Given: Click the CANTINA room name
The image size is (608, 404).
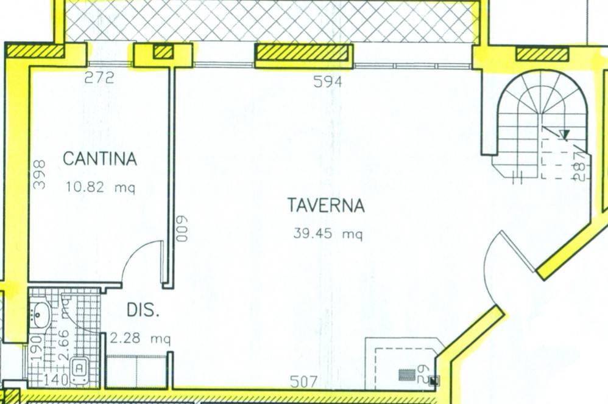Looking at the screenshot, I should (x=100, y=159).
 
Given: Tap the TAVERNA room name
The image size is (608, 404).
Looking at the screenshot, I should (x=326, y=206).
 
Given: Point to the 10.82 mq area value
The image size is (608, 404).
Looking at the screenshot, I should (x=100, y=187).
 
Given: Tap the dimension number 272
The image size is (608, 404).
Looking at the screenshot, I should (x=99, y=78).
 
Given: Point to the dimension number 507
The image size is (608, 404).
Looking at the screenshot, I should (x=303, y=382).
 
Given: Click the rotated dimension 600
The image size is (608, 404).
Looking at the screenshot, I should (x=180, y=229).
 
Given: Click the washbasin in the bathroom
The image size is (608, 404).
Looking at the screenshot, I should (x=41, y=315).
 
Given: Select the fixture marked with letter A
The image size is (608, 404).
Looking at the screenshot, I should (x=79, y=367).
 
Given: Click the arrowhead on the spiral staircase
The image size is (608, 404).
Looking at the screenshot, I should (x=565, y=134).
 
